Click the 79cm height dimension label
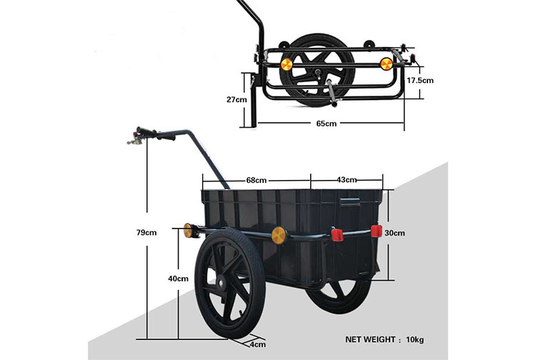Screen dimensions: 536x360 pyautogui.click(x=147, y=233)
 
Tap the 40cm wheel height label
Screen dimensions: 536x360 pyautogui.click(x=178, y=279)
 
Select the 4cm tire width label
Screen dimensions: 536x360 pyautogui.click(x=258, y=344)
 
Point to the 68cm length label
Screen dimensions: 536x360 pyautogui.click(x=257, y=180)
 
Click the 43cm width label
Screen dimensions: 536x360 pyautogui.click(x=347, y=180)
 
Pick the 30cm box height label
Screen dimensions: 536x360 pyautogui.click(x=394, y=233)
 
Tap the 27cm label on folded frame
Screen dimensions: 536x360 pyautogui.click(x=237, y=100)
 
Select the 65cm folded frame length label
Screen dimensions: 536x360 pyautogui.click(x=326, y=124)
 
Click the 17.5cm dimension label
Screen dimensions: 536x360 pyautogui.click(x=420, y=81)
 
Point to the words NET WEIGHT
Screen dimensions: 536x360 pyautogui.click(x=370, y=339)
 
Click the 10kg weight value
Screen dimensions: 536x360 pyautogui.click(x=415, y=340)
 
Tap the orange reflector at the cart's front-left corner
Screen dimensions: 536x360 pyautogui.click(x=188, y=230)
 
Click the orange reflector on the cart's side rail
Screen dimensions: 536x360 pyautogui.click(x=279, y=235)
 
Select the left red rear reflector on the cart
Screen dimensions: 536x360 pyautogui.click(x=337, y=235)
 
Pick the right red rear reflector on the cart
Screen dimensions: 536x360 pyautogui.click(x=377, y=231)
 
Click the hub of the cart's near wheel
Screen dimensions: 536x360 pyautogui.click(x=219, y=283)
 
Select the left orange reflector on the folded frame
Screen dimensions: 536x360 pyautogui.click(x=287, y=64)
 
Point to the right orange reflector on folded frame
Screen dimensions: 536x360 pyautogui.click(x=386, y=64)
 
